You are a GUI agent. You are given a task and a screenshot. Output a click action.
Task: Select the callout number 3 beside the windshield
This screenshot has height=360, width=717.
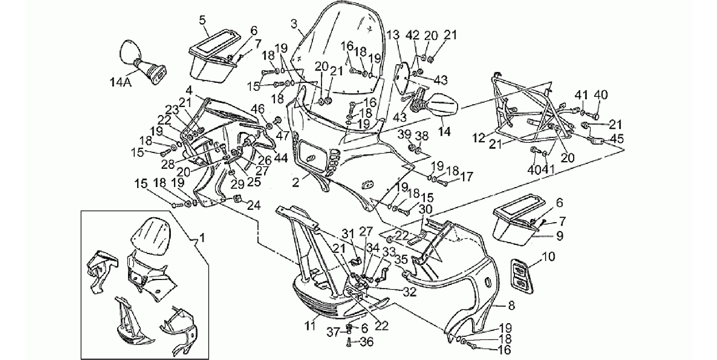294,25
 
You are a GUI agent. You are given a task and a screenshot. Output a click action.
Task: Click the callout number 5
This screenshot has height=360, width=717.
202,20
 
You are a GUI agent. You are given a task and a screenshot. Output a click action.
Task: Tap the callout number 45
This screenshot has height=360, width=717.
617,139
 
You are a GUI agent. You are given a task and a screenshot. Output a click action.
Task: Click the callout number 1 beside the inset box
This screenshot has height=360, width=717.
201,239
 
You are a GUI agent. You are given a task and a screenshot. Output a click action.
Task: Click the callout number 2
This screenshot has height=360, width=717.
296,183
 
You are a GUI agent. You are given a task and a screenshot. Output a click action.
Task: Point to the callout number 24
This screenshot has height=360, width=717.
254,206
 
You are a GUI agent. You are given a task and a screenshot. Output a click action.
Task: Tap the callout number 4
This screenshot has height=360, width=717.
189,91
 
